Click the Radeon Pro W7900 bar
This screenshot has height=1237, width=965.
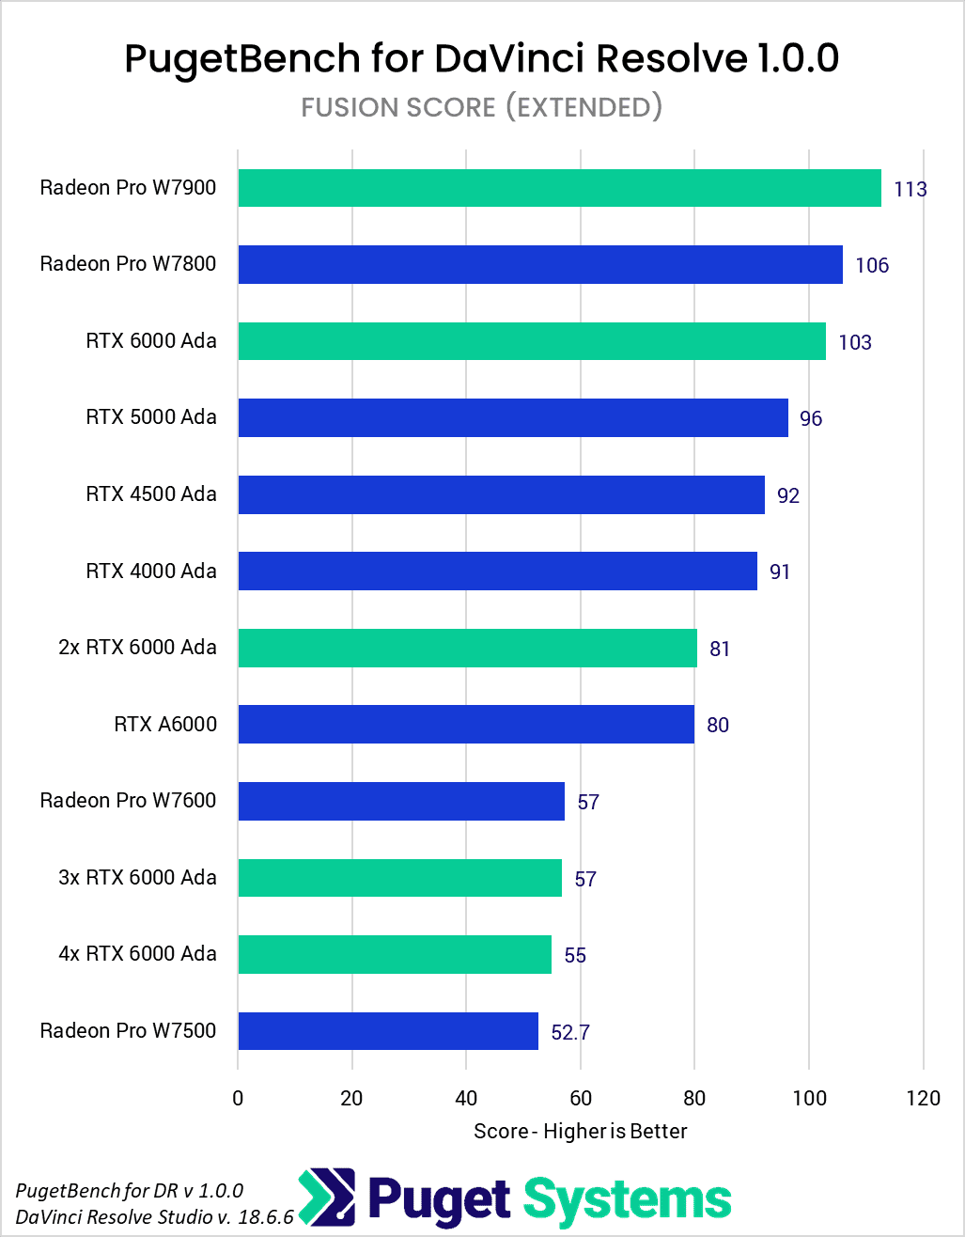pos(559,188)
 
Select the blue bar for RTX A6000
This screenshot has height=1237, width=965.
pos(466,725)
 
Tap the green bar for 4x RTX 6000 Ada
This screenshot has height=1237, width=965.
pos(395,954)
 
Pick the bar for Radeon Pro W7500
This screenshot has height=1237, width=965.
pos(388,1031)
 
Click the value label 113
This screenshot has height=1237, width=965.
pos(911,190)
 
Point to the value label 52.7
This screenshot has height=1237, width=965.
pos(570,1033)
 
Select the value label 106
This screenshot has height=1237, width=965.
pos(872,266)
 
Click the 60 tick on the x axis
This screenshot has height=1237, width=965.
pos(581,1099)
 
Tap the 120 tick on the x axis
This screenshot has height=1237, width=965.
pos(924,1099)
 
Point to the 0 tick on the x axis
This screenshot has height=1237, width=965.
pos(238,1099)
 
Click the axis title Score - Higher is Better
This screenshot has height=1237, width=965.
pos(581,1131)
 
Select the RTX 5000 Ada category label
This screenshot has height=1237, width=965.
pos(151,417)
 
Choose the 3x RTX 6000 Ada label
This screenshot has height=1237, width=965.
pos(137,878)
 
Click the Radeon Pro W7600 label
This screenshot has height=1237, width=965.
pos(128,801)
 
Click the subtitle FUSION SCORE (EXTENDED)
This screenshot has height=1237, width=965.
pos(482,107)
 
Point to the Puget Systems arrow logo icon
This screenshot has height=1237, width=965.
pos(329,1199)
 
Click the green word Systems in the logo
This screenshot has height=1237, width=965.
pos(627,1200)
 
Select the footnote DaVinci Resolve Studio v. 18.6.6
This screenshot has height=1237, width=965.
pos(155,1216)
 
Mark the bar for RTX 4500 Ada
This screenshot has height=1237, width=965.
pos(501,494)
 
